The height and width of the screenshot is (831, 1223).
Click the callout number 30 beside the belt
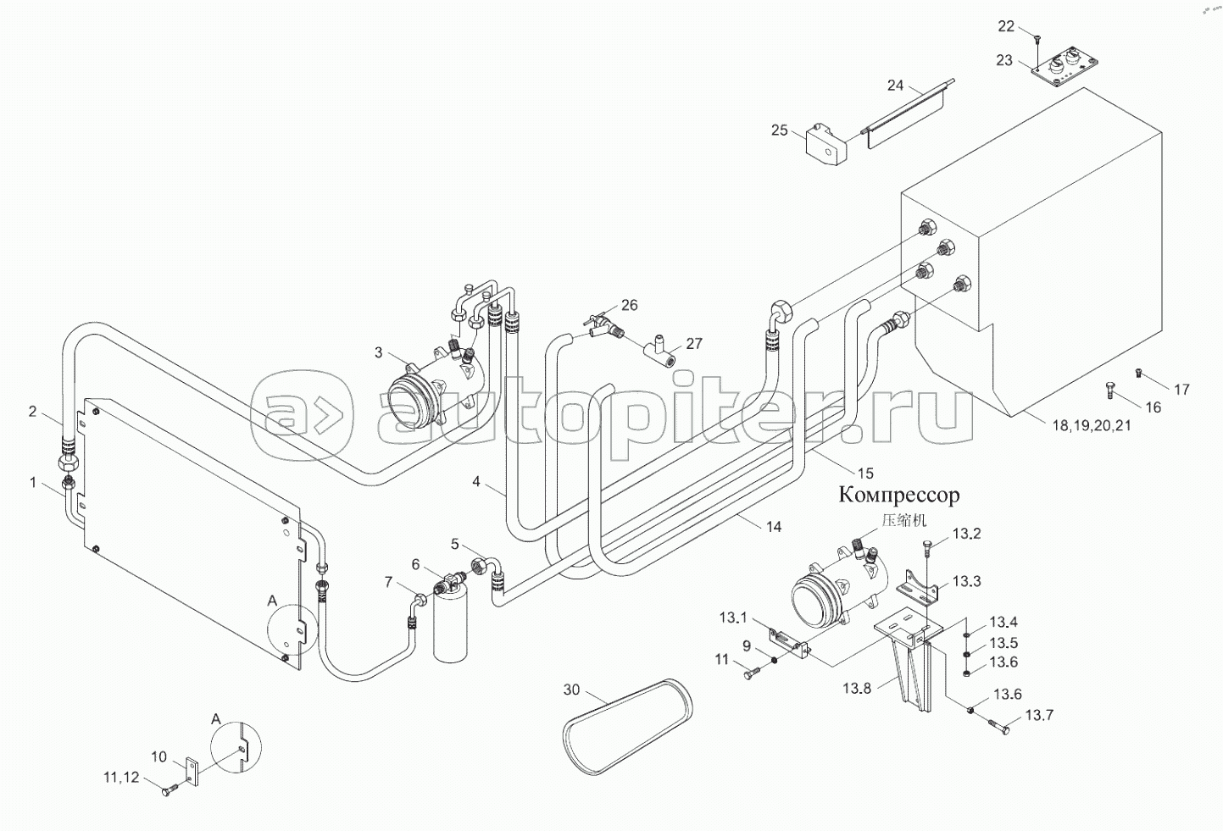point(571,690)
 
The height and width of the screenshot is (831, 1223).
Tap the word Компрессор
point(899,495)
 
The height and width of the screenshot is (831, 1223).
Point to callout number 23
point(1004,60)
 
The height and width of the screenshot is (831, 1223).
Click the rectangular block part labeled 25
point(826,142)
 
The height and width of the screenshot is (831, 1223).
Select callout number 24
point(896,85)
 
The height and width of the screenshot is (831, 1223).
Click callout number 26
point(629,305)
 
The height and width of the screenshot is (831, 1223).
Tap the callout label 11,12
point(121,777)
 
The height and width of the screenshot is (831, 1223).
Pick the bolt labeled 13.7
point(998,725)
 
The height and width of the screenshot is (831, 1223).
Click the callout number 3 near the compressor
point(378,352)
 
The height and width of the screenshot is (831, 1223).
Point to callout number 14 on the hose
point(773,526)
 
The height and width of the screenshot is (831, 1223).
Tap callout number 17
point(1181,390)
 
